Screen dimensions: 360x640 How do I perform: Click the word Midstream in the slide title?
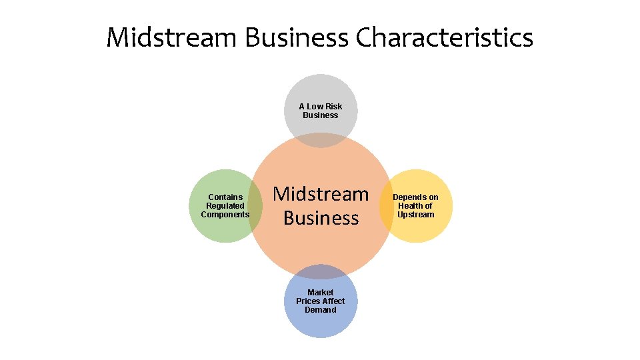click(171, 38)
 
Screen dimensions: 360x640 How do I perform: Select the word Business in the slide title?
click(297, 38)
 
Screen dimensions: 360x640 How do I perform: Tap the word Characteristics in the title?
click(445, 38)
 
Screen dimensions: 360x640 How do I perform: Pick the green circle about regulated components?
click(217, 227)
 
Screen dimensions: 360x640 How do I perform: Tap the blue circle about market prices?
click(321, 323)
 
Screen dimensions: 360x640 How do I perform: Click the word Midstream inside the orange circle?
click(321, 194)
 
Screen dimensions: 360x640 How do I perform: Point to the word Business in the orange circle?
click(321, 218)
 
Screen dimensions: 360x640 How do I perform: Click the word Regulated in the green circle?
click(225, 206)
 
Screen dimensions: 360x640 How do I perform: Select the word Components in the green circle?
click(225, 215)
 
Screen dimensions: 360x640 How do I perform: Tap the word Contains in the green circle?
click(225, 197)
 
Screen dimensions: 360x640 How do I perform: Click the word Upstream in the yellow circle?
click(415, 215)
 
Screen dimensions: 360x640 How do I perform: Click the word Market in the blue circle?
click(321, 293)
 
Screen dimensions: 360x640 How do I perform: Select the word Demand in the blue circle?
click(321, 310)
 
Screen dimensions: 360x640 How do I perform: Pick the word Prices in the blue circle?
click(309, 301)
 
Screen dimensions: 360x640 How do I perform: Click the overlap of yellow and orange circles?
click(387, 206)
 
